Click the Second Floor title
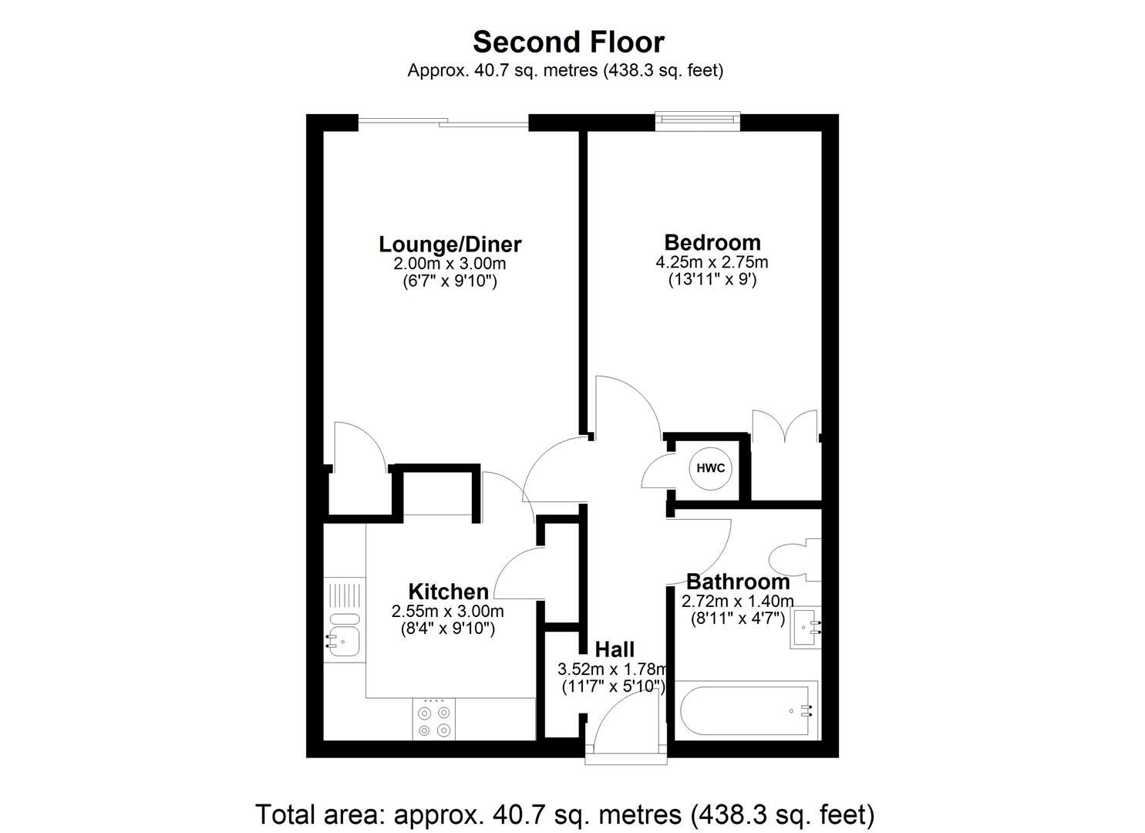point(568,42)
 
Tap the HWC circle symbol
point(710,468)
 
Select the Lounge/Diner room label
point(450,245)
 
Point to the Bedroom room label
point(712,242)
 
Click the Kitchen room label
point(448,592)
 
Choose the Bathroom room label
point(738,582)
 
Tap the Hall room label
point(615,649)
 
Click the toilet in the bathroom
point(795,559)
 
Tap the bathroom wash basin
point(806,628)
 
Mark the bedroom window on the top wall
point(698,120)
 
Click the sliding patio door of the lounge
point(443,122)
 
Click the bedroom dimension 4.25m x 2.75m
point(712,262)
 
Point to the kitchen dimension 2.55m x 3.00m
point(448,611)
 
